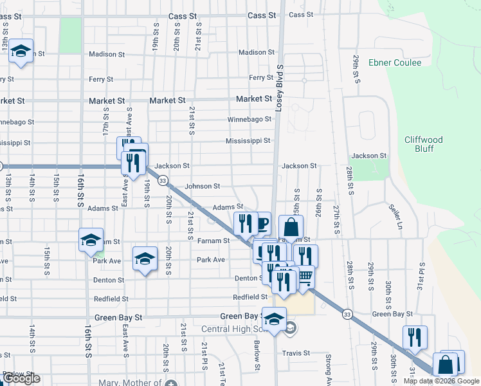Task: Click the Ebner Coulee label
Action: point(395,63)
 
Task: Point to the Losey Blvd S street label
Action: point(279,88)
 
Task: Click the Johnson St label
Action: point(203,187)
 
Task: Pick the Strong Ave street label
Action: point(328,363)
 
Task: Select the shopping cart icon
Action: point(305,277)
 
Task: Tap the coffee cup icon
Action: point(261,224)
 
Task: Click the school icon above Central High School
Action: point(275,319)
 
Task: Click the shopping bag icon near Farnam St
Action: point(291,226)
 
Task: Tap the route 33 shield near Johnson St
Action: point(163,181)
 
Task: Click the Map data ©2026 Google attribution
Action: point(441,381)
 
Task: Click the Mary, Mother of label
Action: point(131,383)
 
